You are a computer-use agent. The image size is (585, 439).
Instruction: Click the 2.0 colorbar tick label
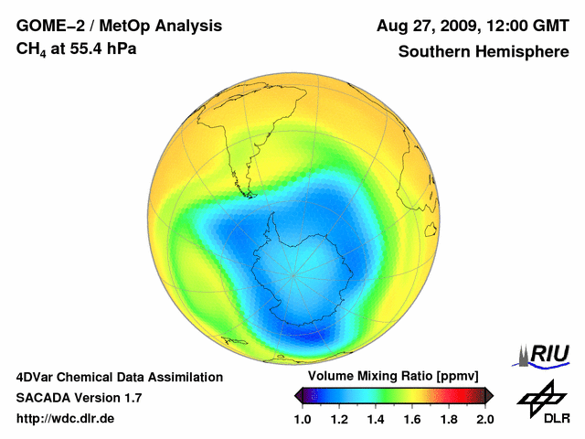pos(484,419)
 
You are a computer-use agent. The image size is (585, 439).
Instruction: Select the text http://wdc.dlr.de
pos(67,419)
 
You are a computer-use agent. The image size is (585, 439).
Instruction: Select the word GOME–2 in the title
pos(48,26)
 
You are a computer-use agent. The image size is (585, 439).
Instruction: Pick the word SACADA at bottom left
pos(41,398)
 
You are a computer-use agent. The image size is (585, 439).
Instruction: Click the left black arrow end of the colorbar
pos(299,394)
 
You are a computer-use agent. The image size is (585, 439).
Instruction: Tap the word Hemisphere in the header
pos(525,51)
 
